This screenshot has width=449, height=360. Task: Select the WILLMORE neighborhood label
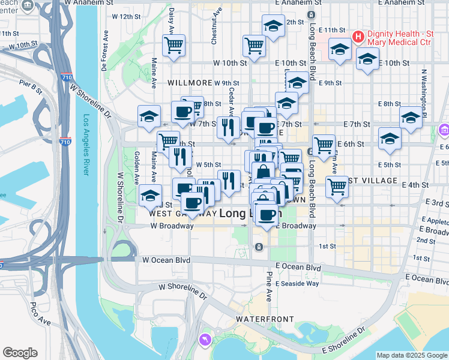click(x=190, y=83)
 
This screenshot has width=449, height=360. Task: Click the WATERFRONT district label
click(x=259, y=317)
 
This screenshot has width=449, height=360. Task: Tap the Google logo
click(x=20, y=353)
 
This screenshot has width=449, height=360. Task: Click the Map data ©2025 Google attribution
click(x=412, y=355)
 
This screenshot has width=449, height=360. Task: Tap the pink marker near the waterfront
click(x=206, y=340)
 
